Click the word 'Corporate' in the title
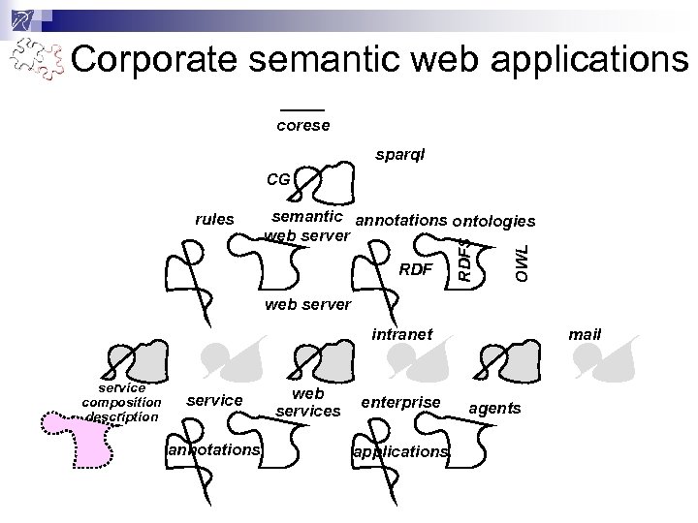tap(150, 60)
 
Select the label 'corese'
tap(302, 125)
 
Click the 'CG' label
tap(277, 179)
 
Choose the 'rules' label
tap(214, 219)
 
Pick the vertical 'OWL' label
tap(522, 262)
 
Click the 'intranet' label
tap(402, 334)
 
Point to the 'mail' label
tap(585, 334)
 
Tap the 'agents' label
tap(494, 408)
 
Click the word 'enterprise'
tap(400, 401)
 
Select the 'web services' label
tap(308, 403)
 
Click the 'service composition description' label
tap(121, 402)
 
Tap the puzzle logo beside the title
tap(36, 61)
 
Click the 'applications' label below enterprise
tap(400, 451)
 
